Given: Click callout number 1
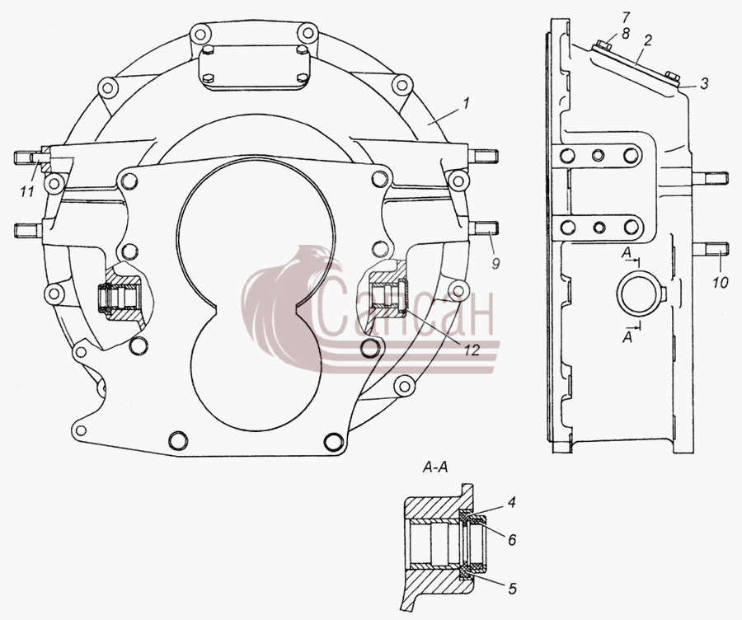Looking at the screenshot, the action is point(466,103).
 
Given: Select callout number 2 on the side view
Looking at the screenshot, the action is point(647,40).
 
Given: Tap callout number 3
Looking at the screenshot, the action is point(705,84).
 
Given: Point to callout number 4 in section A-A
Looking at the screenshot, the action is point(510,502).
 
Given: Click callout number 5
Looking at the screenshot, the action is point(512,589).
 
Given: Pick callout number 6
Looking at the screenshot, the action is point(511,539).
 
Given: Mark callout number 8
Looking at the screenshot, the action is point(626,33).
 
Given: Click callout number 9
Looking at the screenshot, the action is point(495,263).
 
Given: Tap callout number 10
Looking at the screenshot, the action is point(720,283).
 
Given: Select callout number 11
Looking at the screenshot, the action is point(27,191).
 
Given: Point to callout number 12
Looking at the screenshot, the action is point(472,350).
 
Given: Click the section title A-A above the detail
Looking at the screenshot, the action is point(434,467).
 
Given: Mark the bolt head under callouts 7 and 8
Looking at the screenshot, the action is point(603,45).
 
